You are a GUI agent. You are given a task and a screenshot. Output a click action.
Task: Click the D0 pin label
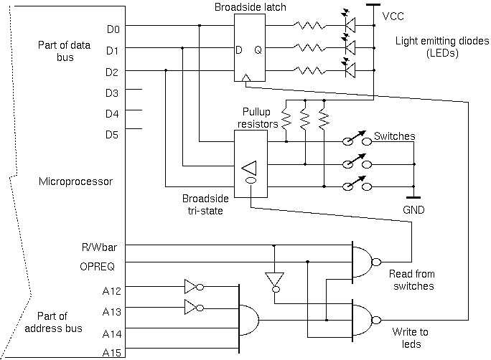click(x=113, y=29)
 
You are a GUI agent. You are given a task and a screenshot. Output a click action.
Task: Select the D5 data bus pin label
click(x=113, y=134)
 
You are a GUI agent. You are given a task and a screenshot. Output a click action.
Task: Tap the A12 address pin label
click(x=113, y=290)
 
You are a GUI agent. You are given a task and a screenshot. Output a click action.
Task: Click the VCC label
click(x=393, y=16)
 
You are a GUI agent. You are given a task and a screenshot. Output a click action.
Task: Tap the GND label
click(x=413, y=210)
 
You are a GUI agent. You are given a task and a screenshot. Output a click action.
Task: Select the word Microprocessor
click(x=75, y=181)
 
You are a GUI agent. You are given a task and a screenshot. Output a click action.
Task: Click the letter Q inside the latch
click(x=258, y=50)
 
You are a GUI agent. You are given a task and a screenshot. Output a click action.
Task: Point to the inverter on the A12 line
click(x=193, y=287)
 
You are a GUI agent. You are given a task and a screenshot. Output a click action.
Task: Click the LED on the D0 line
click(x=350, y=29)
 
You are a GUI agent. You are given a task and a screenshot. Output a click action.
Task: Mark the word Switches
click(x=395, y=136)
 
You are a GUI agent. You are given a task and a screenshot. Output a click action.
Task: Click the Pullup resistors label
click(x=258, y=118)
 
